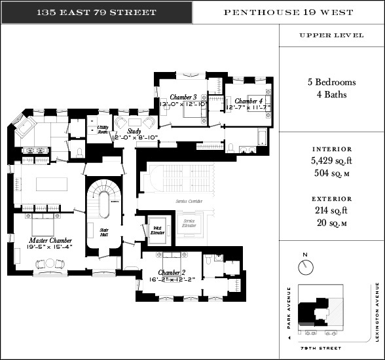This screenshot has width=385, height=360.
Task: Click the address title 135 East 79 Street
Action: (97, 12)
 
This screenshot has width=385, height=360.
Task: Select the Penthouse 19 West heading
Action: (288, 12)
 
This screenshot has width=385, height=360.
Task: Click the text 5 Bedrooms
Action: (331, 82)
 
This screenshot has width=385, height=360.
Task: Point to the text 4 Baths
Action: (331, 94)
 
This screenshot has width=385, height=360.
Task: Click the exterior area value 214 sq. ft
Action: (331, 210)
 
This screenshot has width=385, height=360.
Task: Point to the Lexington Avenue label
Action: (378, 312)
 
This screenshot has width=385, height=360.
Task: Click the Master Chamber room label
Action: (50, 241)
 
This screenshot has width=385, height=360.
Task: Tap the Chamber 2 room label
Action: (172, 272)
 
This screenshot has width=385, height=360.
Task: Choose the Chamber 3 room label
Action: (187, 98)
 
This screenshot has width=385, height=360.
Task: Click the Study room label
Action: (134, 132)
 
